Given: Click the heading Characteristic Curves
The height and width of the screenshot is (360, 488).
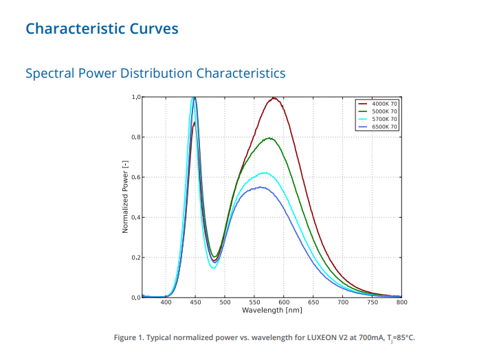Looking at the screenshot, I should [x=102, y=29].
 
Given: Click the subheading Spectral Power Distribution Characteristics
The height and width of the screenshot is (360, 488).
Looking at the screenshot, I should [x=155, y=73].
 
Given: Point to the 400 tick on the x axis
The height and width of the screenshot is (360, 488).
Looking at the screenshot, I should [x=166, y=302].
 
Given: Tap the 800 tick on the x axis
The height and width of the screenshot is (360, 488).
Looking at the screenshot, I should [x=402, y=302].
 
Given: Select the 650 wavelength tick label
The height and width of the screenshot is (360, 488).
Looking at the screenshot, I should [x=313, y=302].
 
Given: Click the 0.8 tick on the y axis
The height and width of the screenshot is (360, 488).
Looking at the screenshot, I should [x=135, y=137].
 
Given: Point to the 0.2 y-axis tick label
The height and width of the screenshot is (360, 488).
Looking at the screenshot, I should [x=135, y=258].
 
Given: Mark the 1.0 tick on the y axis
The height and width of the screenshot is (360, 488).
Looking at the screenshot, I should [x=135, y=98].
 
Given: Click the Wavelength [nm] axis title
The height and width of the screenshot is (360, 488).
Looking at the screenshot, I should [x=272, y=311].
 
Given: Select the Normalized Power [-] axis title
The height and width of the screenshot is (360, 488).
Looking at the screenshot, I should [x=126, y=197].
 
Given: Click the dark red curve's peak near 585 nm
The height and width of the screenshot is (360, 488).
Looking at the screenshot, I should [x=274, y=98].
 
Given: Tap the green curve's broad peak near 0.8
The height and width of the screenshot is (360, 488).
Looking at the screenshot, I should [x=270, y=138].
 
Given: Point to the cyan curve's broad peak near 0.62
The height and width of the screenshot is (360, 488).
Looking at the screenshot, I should [x=263, y=173].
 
